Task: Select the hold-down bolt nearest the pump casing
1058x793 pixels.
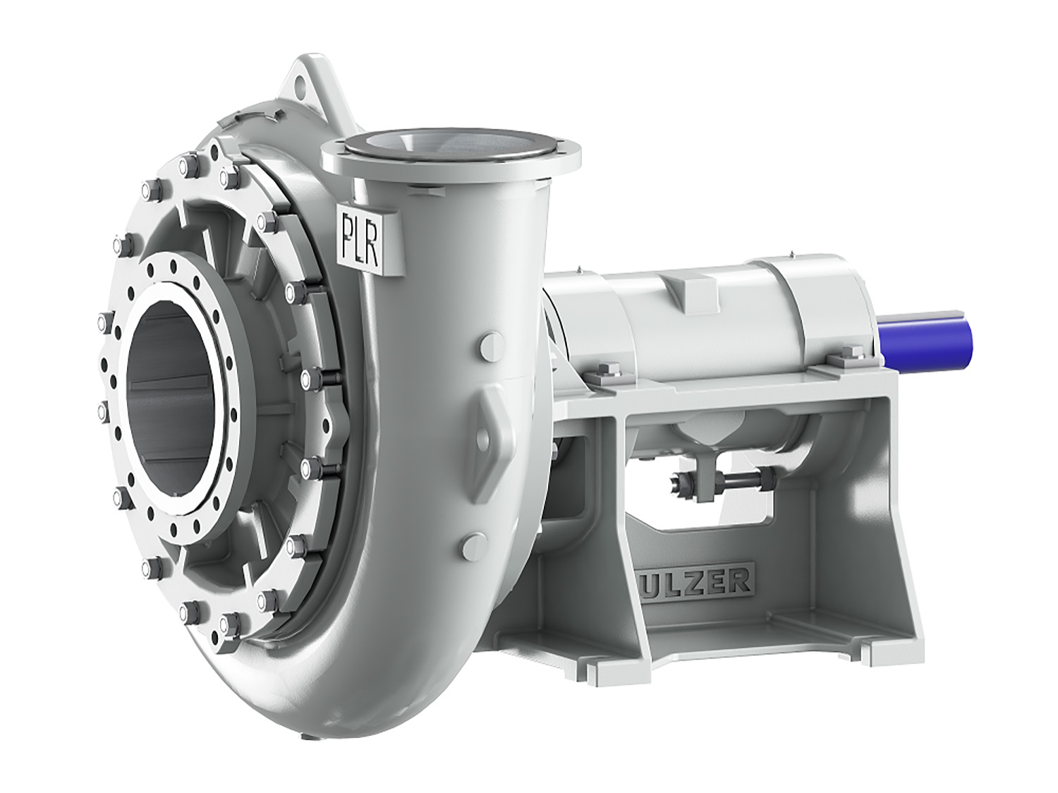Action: (x=609, y=373)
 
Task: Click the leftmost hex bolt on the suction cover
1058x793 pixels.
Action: (x=101, y=322)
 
